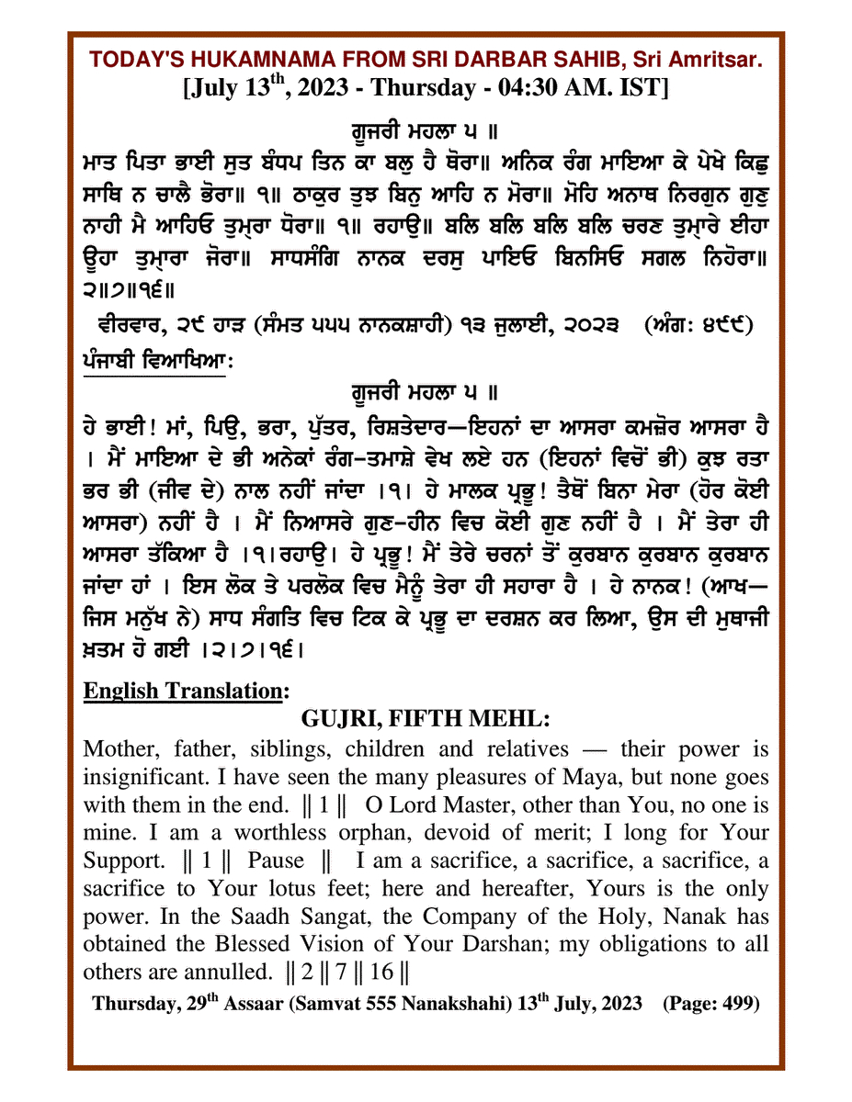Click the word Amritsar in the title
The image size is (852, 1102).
point(714,60)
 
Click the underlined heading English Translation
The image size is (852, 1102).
point(186,689)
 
